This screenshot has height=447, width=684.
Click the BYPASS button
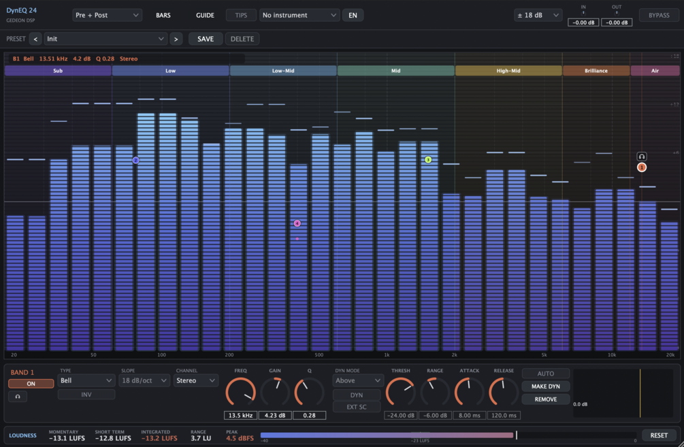pos(659,15)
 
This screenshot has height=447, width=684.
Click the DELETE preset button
pos(242,39)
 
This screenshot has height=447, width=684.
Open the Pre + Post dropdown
pos(108,15)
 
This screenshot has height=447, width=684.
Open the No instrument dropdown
pos(299,15)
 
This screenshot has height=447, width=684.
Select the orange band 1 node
pos(641,167)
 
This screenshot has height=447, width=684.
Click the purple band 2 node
pos(135,161)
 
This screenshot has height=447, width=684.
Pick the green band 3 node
pos(428,160)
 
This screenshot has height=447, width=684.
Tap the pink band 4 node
pos(297,223)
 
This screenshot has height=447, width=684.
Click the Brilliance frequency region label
pos(596,71)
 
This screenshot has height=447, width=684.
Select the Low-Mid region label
pos(283,71)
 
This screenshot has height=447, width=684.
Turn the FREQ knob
pos(240,392)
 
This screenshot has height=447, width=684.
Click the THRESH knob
pos(400,392)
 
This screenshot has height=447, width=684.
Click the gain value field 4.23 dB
pos(275,415)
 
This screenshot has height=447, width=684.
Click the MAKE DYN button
pos(546,386)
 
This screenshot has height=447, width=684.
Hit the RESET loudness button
pos(659,435)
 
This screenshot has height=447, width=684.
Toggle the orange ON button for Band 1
pos(31,384)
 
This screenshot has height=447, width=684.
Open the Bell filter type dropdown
pos(86,381)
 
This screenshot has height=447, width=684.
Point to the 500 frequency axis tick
pos(319,355)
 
